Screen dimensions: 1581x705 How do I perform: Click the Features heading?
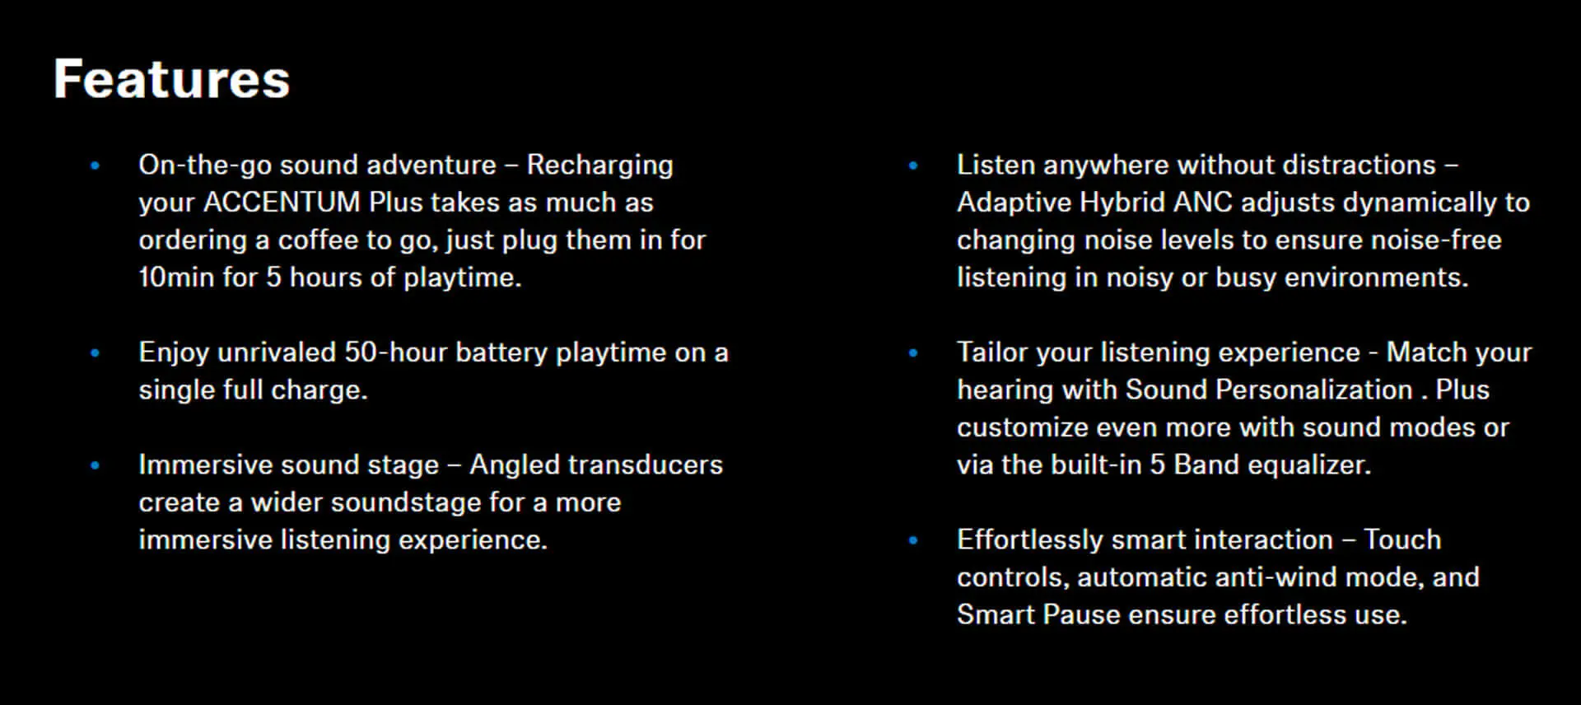[171, 79]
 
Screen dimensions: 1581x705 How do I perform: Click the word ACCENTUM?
[282, 202]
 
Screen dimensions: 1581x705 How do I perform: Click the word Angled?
[508, 465]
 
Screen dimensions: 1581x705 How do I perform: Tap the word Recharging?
[599, 166]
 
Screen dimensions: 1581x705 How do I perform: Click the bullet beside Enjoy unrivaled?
[96, 353]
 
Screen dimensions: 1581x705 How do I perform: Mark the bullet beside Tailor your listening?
[913, 353]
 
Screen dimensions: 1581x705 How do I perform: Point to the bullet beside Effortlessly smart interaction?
[913, 541]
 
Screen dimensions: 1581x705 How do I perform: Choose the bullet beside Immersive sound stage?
[96, 465]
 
